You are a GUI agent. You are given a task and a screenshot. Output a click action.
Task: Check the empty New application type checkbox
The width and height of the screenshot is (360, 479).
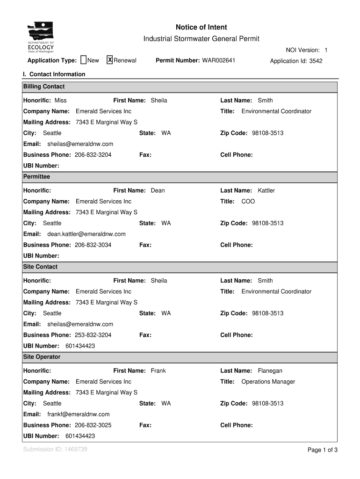[x=84, y=60]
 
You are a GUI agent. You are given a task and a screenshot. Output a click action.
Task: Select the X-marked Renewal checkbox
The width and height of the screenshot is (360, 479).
[x=110, y=60]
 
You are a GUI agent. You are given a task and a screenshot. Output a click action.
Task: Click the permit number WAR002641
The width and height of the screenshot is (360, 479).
[x=219, y=60]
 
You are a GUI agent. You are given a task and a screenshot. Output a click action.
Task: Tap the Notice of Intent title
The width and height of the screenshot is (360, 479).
[x=201, y=28]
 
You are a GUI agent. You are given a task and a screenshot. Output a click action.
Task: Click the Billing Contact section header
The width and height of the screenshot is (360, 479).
[x=44, y=87]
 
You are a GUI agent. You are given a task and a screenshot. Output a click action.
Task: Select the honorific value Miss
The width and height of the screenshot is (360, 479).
[x=60, y=101]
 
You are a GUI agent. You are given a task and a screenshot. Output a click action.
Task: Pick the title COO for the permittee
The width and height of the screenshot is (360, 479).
[x=248, y=202]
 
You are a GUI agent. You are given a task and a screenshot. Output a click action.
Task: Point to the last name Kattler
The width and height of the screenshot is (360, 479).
[x=266, y=191]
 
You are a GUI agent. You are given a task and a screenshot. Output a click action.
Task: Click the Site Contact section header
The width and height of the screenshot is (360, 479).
[x=41, y=267]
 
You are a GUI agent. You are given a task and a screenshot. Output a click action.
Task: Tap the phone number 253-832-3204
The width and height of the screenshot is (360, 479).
[x=93, y=335]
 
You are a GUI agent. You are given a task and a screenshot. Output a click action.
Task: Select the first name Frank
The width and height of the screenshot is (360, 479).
[x=158, y=371]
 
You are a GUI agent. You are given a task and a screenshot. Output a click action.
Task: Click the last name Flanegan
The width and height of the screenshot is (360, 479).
[x=270, y=371]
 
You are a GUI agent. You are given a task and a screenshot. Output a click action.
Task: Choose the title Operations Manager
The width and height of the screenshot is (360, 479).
[x=268, y=382]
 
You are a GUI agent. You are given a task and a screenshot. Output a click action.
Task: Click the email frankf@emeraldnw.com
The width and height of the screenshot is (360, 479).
[x=79, y=414]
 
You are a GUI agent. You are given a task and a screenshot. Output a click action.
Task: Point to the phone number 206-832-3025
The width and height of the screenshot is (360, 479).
[x=93, y=425]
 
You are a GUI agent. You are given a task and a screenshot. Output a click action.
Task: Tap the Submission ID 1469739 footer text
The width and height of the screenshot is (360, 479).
[x=55, y=450]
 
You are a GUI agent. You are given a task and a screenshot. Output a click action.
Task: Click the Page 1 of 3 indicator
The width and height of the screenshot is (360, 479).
[x=322, y=450]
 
